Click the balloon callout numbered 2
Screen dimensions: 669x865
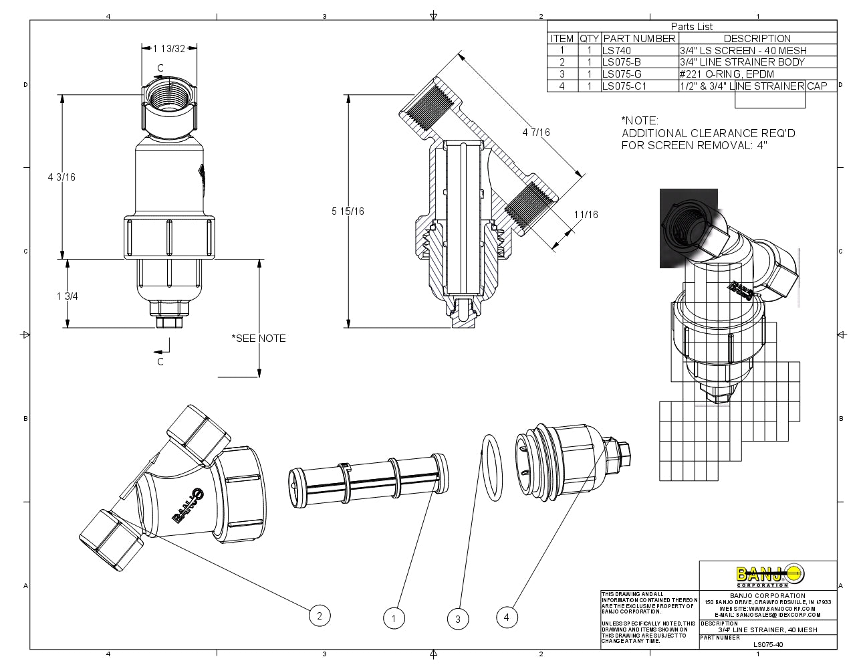click(320, 615)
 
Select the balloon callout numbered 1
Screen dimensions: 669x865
click(394, 619)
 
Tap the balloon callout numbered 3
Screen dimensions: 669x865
click(458, 619)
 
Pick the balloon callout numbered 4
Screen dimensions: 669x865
click(507, 617)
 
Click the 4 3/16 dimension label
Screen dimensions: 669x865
click(62, 177)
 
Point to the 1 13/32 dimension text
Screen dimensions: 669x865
click(169, 48)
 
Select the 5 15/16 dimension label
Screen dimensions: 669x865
click(348, 211)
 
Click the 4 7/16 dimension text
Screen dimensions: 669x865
click(536, 132)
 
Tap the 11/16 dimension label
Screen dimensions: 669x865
click(586, 214)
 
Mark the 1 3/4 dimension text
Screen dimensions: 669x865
click(68, 296)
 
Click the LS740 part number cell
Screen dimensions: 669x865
click(616, 50)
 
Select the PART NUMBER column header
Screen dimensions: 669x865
click(640, 39)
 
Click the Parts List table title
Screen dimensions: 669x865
click(692, 27)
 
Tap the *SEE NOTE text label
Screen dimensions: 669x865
click(259, 338)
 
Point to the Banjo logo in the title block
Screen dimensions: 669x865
click(771, 575)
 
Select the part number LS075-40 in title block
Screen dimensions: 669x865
click(767, 645)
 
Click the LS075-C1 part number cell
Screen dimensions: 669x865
click(624, 86)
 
